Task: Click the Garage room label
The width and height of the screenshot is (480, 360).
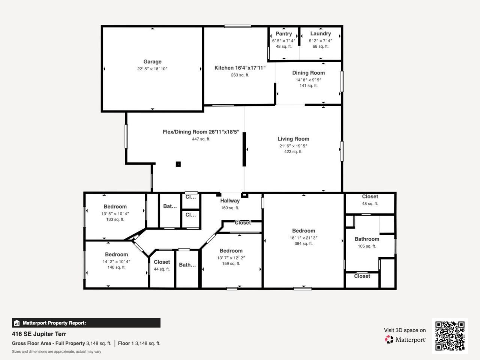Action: [x=152, y=62]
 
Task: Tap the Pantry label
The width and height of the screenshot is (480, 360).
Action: [x=283, y=34]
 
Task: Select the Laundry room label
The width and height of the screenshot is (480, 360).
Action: [x=320, y=34]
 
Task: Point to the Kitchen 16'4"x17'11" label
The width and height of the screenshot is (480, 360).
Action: [x=240, y=68]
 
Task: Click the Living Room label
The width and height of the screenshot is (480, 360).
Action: [x=293, y=139]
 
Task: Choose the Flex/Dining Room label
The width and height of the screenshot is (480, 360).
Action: [x=201, y=132]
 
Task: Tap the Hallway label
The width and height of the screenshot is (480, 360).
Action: [x=230, y=201]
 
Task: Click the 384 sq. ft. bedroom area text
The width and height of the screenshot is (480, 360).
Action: [x=303, y=244]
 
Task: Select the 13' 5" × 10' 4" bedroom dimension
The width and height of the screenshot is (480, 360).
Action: [x=115, y=214]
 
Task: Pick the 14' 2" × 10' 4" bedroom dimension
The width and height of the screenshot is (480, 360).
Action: [x=116, y=262]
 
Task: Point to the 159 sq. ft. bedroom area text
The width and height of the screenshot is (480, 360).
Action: [x=231, y=264]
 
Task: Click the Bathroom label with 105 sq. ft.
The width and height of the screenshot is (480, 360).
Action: [x=367, y=239]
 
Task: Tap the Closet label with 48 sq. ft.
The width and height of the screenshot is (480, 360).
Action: [x=370, y=196]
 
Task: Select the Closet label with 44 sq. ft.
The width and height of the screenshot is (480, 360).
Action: [x=162, y=262]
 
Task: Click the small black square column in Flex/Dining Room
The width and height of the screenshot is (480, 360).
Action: [x=178, y=164]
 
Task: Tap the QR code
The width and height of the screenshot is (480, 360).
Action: [x=450, y=336]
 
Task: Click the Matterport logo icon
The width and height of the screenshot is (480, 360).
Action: [x=389, y=340]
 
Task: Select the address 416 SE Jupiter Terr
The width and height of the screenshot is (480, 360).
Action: [x=39, y=334]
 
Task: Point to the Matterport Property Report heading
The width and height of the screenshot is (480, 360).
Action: [x=54, y=323]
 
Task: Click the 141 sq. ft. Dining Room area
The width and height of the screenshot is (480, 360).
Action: [x=308, y=86]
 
